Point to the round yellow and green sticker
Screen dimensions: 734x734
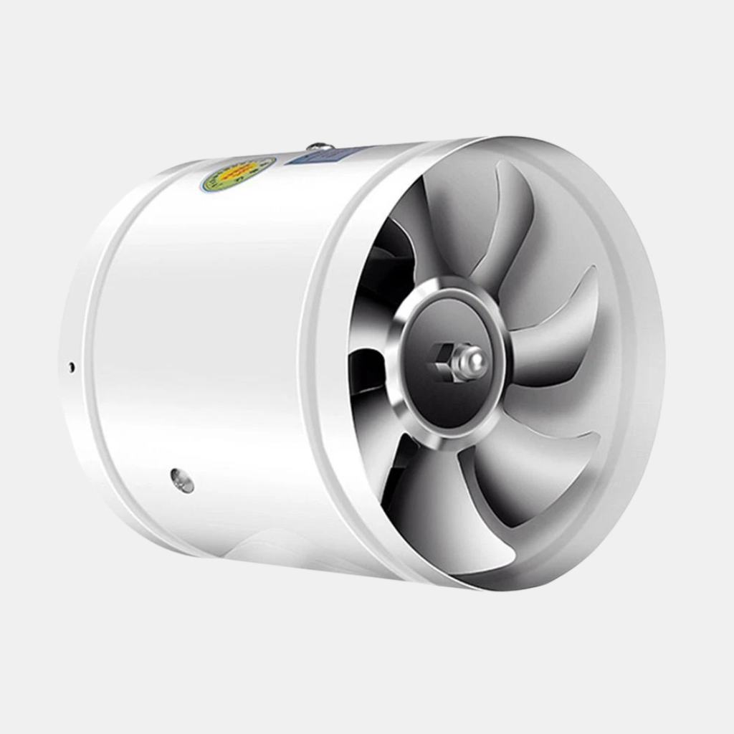click(x=238, y=173)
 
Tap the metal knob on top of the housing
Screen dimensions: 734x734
click(x=320, y=146)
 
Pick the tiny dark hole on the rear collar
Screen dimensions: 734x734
click(x=71, y=367)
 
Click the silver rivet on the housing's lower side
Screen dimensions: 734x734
click(x=182, y=480)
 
